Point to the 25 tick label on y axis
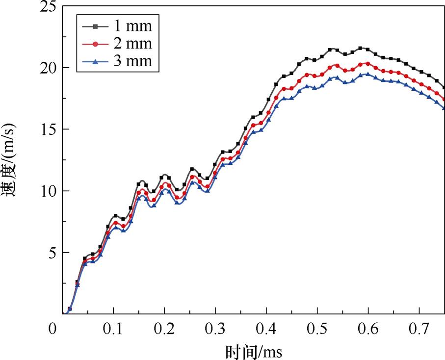45,7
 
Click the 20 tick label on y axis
45,68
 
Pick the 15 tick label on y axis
45,129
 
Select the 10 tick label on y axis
45,191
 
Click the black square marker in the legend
96,26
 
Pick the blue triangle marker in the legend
96,61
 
